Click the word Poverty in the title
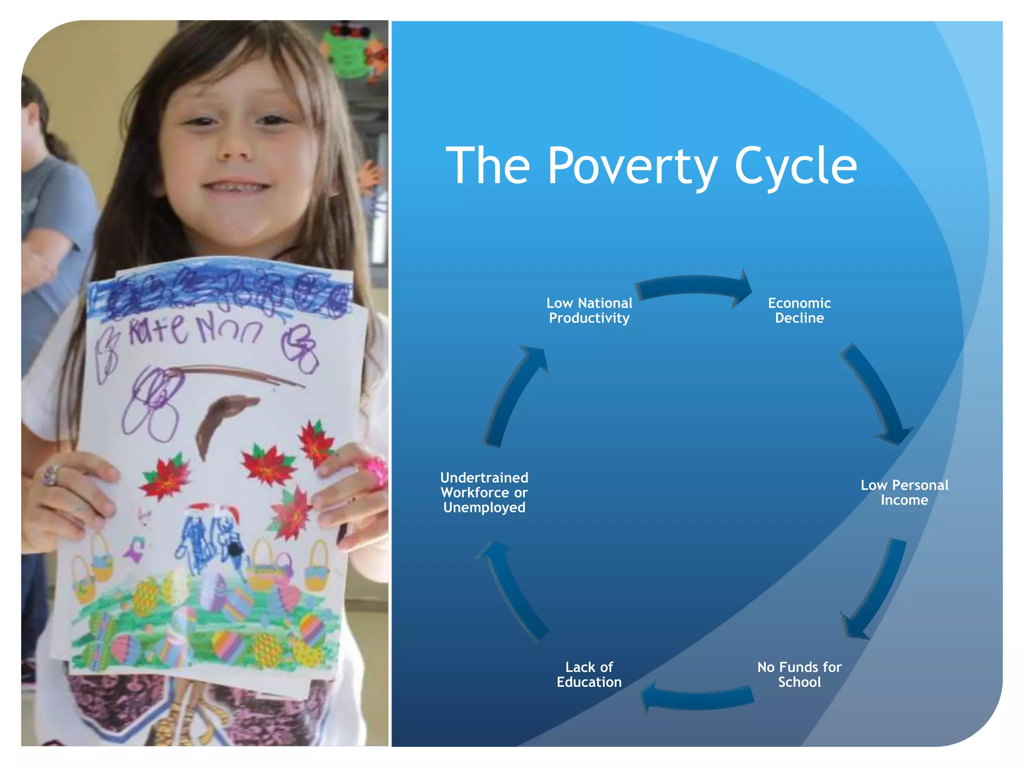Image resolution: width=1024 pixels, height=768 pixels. (632, 166)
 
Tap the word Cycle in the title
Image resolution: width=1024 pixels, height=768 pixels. (795, 166)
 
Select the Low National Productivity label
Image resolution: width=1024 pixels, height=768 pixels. (589, 310)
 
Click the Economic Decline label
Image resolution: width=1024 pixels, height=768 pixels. (799, 310)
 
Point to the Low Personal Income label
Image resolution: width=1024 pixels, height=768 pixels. (904, 492)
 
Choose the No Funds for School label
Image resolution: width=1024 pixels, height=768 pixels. (799, 674)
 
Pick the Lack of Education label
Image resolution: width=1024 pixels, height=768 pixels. (589, 674)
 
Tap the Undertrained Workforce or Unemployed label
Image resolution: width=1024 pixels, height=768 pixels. (484, 492)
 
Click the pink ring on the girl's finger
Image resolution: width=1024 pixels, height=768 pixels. (375, 470)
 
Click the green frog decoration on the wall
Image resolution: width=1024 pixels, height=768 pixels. (350, 52)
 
